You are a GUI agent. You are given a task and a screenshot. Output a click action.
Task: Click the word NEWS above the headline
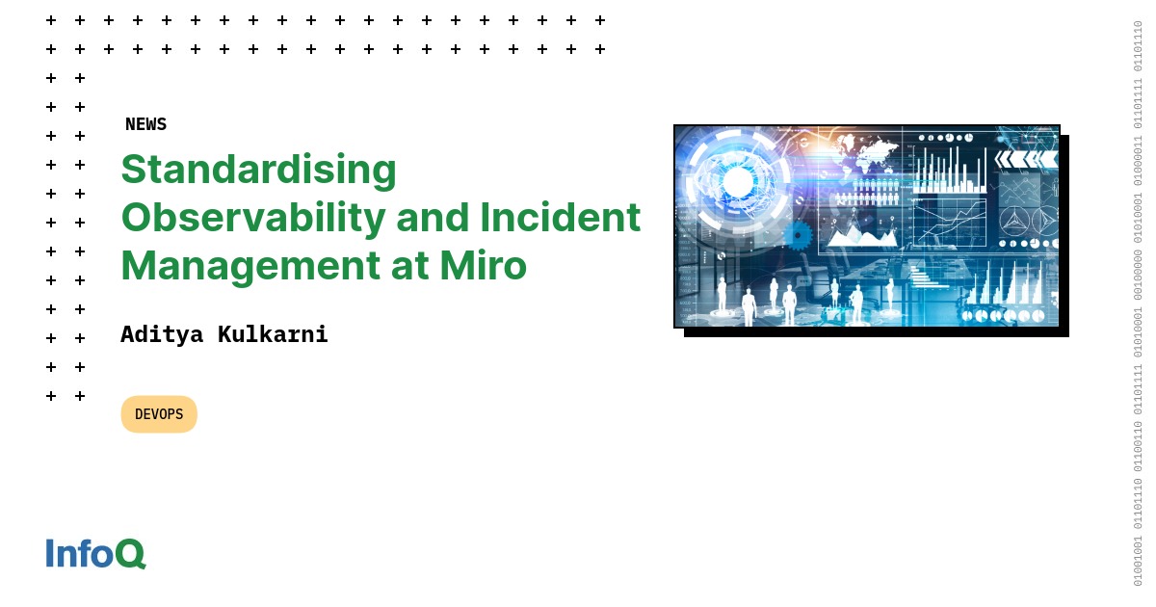click(x=145, y=124)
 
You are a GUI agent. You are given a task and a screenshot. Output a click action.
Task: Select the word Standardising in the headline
click(x=258, y=170)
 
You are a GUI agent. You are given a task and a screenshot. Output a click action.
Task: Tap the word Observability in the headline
click(x=251, y=218)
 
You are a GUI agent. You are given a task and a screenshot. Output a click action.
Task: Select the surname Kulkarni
click(x=273, y=334)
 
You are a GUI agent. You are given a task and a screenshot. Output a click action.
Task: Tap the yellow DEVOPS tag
click(x=159, y=414)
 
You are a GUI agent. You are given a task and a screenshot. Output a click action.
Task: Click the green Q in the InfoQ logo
click(x=130, y=553)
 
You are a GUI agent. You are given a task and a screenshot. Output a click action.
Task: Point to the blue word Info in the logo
click(x=79, y=553)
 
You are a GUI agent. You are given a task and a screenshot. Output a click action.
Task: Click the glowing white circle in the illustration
click(x=737, y=181)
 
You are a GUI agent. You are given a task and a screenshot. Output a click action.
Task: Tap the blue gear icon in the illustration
click(x=798, y=235)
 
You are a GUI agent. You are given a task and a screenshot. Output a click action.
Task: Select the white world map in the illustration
click(x=867, y=152)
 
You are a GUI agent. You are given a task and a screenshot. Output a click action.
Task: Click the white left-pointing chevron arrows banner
click(x=1026, y=159)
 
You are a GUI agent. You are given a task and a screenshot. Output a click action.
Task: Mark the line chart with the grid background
click(x=949, y=222)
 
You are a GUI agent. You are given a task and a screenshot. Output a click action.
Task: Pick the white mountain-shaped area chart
click(x=860, y=231)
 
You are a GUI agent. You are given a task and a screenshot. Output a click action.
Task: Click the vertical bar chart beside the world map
click(x=949, y=169)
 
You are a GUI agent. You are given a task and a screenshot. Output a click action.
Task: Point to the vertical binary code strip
click(x=1138, y=303)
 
